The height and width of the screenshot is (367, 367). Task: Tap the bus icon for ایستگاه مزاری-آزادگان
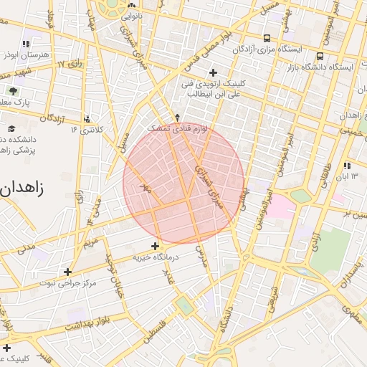pyautogui.click(x=267, y=38)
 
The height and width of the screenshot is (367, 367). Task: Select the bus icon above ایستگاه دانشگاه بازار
pyautogui.click(x=320, y=55)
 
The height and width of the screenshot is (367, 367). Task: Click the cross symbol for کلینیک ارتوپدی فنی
pyautogui.click(x=213, y=72)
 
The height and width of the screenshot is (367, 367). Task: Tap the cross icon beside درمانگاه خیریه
pyautogui.click(x=155, y=246)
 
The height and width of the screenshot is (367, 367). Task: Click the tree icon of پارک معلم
pyautogui.click(x=13, y=91)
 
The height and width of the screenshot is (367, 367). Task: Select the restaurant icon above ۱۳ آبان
pyautogui.click(x=348, y=165)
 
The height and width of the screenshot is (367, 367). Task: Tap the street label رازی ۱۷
pyautogui.click(x=70, y=65)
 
